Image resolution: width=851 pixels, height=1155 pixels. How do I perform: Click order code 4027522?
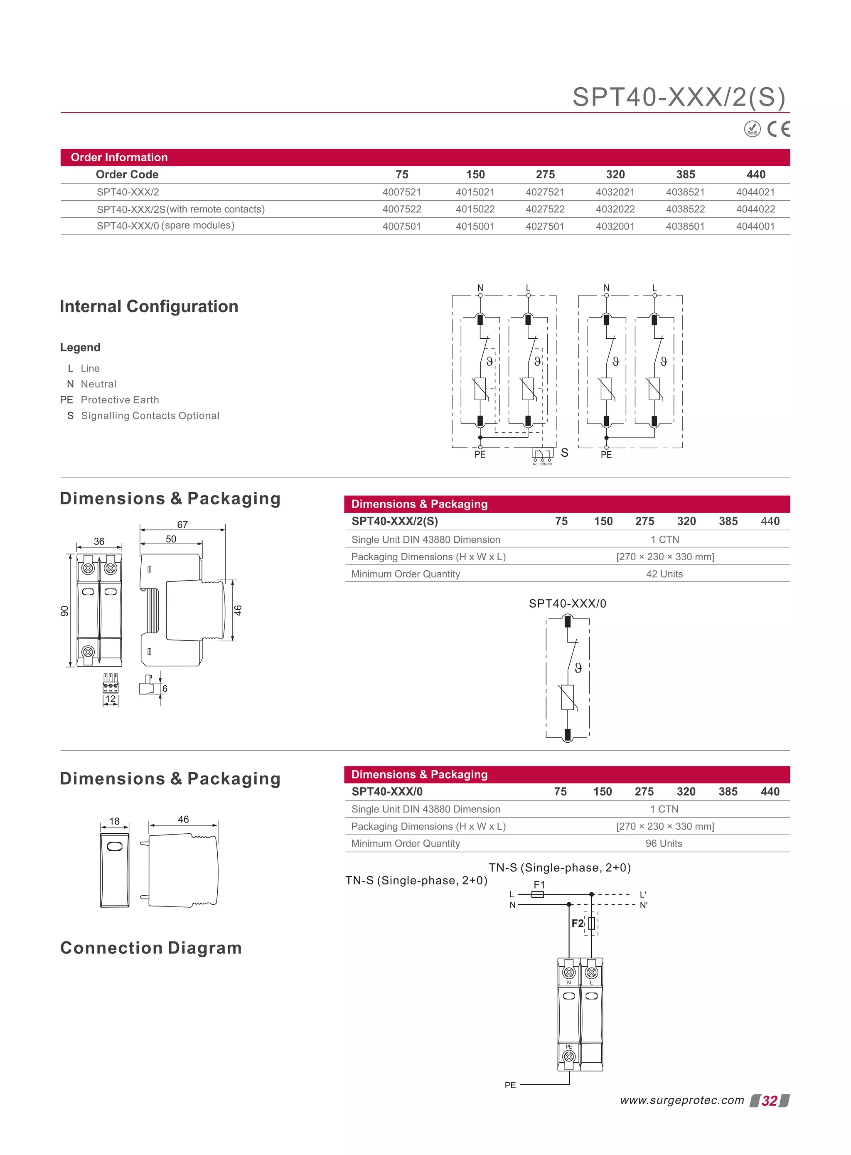click(545, 209)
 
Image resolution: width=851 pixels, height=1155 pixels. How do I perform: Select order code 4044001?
click(755, 226)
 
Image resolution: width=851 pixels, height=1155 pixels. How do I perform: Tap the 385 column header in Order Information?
click(685, 175)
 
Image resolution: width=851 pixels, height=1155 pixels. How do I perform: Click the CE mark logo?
click(778, 129)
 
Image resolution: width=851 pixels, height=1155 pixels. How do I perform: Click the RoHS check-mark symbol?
click(752, 129)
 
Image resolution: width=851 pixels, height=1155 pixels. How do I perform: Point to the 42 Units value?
click(664, 574)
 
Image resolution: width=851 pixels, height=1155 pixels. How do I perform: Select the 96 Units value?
click(664, 843)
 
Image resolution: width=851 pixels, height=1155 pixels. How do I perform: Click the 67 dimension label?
click(182, 525)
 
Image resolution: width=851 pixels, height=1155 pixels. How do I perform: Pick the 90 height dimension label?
click(64, 611)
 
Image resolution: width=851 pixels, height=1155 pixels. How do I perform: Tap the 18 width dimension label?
click(114, 821)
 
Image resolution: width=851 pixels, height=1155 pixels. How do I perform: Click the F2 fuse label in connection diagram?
click(578, 923)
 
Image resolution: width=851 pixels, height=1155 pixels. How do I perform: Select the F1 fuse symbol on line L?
click(537, 894)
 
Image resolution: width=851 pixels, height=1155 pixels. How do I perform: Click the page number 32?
click(769, 1101)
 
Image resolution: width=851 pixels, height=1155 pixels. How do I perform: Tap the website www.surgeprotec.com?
click(682, 1101)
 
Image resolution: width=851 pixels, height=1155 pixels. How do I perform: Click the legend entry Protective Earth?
click(120, 400)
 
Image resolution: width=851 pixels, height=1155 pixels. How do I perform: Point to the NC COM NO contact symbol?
click(542, 456)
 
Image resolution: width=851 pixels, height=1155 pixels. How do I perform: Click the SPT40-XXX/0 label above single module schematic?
click(567, 603)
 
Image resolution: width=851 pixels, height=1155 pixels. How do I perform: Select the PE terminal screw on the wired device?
click(569, 1056)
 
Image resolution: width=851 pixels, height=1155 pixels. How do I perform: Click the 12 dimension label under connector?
click(110, 699)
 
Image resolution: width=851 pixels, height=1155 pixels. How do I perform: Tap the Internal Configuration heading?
click(149, 307)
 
